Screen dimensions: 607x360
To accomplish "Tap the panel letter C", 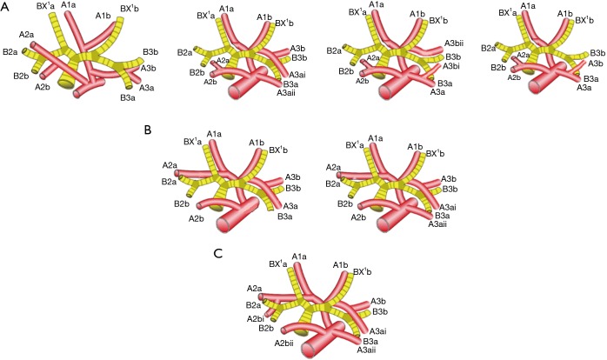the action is pyautogui.click(x=218, y=255).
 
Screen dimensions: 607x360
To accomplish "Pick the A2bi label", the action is pyautogui.click(x=255, y=319).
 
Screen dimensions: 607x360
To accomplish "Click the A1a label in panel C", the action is pyautogui.click(x=299, y=256).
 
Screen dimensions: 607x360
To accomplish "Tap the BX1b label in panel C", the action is pyautogui.click(x=364, y=271).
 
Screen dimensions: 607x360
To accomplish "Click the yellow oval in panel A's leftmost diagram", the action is pyautogui.click(x=65, y=83).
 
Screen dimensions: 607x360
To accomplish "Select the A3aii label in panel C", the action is pyautogui.click(x=370, y=350).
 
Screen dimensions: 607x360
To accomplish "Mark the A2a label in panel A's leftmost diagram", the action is pyautogui.click(x=25, y=34).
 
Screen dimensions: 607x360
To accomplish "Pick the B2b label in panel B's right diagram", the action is pyautogui.click(x=345, y=203).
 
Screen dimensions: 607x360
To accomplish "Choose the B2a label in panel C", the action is pyautogui.click(x=254, y=304).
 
